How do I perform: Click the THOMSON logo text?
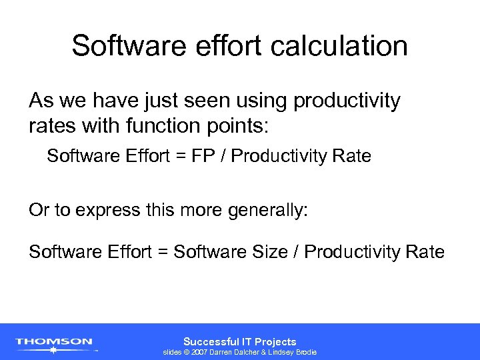(54, 341)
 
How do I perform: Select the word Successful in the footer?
(209, 341)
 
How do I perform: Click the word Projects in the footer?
(275, 341)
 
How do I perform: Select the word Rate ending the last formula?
(427, 251)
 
